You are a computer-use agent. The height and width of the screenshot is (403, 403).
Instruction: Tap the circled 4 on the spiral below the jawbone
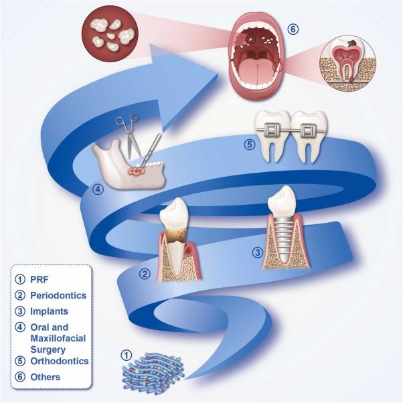(x=98, y=189)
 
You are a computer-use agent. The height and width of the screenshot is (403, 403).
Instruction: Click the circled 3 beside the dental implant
(x=256, y=252)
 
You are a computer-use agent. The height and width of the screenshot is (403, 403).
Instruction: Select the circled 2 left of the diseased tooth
(x=145, y=273)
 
